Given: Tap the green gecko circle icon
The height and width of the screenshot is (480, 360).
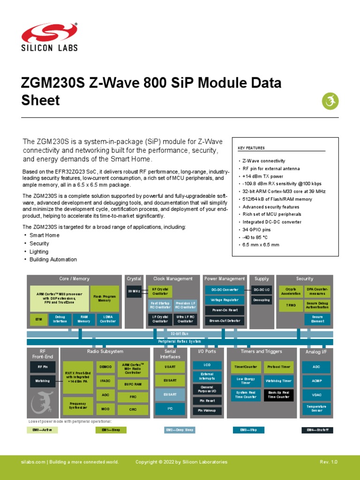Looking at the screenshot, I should tap(330, 100).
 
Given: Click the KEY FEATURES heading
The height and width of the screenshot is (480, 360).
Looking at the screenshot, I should tap(251, 148).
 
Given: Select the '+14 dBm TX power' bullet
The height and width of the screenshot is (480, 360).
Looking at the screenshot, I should tap(263, 176).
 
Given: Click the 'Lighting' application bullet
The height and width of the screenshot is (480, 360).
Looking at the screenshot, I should tap(39, 252).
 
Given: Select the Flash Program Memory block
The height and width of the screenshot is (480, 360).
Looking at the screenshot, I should tap(105, 299).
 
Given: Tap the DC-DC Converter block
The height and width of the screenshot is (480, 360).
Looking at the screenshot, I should tap(225, 290).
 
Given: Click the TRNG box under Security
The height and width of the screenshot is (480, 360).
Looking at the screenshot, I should tap(288, 304).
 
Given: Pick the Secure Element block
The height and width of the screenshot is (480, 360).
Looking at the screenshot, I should tap(317, 319).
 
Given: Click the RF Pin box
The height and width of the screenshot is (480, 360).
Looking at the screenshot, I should tap(43, 367).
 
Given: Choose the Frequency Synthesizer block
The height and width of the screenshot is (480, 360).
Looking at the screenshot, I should tap(78, 405).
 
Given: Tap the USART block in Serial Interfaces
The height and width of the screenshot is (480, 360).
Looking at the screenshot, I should tap(170, 367).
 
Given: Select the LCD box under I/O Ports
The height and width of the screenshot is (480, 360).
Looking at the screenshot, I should tap(207, 364).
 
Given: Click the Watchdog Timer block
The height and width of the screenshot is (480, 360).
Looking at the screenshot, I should tap(278, 381).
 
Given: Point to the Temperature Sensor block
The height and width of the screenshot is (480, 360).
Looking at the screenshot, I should tap(317, 409).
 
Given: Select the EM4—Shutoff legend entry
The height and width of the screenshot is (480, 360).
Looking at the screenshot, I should tap(317, 430).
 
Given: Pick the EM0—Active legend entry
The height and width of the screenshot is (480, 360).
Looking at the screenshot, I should tap(42, 430).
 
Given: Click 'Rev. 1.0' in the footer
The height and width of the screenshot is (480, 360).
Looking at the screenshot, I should tap(328, 462).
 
